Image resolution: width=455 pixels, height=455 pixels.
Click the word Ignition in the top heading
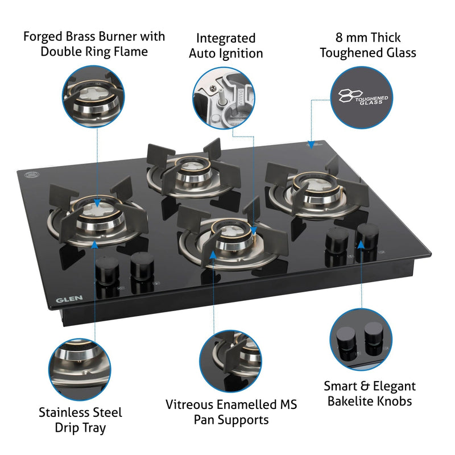[x=241, y=54]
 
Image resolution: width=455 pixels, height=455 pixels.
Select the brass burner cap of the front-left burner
[x=96, y=210]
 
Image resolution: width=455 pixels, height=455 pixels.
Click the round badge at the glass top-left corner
[x=35, y=169]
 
